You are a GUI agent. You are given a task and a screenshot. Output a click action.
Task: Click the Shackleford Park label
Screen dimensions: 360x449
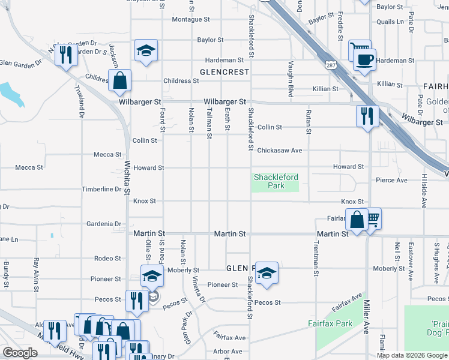pos(276,181)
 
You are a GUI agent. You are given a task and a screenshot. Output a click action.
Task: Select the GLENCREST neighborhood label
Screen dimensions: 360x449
pos(224,71)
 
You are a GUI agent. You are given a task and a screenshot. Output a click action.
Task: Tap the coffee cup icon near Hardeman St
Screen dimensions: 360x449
pos(364,60)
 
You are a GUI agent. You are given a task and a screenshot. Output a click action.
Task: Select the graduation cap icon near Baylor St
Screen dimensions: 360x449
pos(146,51)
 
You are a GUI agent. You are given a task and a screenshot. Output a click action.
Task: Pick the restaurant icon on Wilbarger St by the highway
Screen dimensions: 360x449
pos(367,115)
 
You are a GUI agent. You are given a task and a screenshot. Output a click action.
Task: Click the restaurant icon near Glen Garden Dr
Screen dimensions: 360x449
pos(67,55)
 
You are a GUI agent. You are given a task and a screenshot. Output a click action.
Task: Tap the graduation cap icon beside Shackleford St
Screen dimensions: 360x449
pos(266,273)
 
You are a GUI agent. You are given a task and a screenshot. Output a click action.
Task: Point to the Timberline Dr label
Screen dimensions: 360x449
pos(101,189)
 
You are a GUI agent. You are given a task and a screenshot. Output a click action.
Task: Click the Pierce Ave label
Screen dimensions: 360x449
pos(391,180)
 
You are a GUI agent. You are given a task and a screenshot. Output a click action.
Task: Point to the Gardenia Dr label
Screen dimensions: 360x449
pos(104,224)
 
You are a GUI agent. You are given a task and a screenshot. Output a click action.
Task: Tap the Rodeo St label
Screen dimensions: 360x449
pos(107,258)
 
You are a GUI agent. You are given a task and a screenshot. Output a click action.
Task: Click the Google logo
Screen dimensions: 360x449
pos(20,353)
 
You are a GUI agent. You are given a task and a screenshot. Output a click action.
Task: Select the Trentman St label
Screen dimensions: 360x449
pos(316,259)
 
